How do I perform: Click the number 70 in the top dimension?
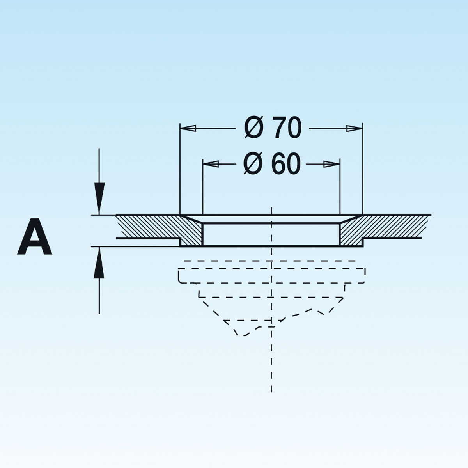[x=287, y=128]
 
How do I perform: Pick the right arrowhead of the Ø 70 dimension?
[x=355, y=128]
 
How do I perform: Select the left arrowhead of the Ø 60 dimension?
[x=211, y=164]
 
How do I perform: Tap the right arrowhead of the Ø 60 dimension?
[x=332, y=164]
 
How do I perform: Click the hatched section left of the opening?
[x=156, y=227]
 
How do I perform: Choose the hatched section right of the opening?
[x=374, y=227]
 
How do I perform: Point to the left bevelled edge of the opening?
[x=192, y=219]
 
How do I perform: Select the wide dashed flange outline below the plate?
[x=272, y=275]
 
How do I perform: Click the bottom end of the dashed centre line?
[x=271, y=390]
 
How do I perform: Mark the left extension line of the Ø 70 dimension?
[x=180, y=172]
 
